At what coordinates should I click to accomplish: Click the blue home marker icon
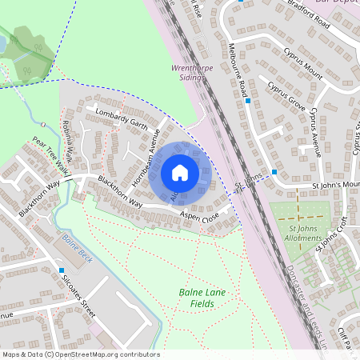click(x=180, y=172)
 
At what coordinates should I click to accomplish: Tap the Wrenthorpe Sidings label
click(x=190, y=74)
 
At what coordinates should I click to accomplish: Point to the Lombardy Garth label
click(x=122, y=118)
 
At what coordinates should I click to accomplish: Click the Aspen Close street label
click(x=199, y=217)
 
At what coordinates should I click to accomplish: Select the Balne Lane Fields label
click(x=202, y=299)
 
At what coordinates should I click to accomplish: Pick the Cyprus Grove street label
click(x=287, y=95)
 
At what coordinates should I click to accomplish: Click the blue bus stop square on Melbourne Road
click(x=248, y=102)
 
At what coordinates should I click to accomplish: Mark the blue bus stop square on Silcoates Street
click(x=62, y=270)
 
